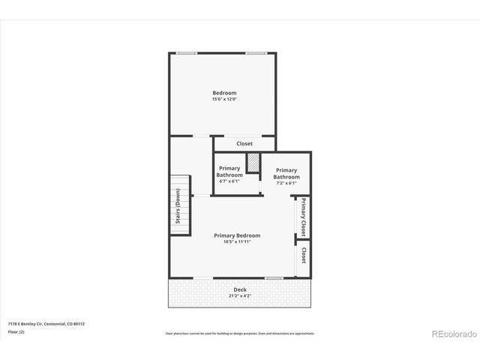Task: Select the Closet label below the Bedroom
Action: point(244,143)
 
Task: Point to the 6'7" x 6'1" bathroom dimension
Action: point(229,181)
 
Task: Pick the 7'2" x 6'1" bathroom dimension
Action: point(286,183)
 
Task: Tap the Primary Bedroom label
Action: point(237,235)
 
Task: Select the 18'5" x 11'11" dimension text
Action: point(237,242)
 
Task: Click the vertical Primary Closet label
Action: point(304,217)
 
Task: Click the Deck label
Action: point(239,289)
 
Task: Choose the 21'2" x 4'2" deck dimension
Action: point(239,295)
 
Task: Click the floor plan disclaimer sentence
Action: point(239,333)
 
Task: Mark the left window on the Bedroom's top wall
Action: point(187,52)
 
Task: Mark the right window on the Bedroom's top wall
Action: point(256,52)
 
